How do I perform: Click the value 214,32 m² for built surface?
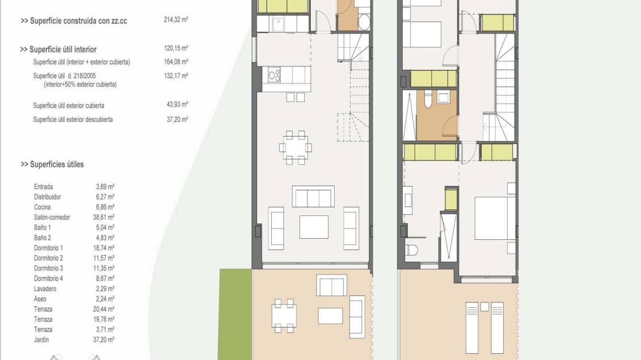point(176,20)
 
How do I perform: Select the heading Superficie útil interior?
point(58,49)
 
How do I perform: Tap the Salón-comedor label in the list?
point(52,217)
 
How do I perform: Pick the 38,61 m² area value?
point(103,217)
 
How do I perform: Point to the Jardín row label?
point(41,340)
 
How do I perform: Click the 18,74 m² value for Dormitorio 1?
point(103,248)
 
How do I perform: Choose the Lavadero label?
point(45,289)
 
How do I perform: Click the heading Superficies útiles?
point(52,164)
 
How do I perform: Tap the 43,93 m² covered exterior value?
point(177,105)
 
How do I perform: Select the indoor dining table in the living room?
point(296,147)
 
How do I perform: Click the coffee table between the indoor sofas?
point(314,227)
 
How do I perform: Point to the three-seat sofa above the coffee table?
point(313,197)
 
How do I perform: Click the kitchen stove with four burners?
point(274,75)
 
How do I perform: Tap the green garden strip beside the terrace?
point(235,314)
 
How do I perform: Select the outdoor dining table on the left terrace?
point(284,315)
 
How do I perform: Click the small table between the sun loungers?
point(484,307)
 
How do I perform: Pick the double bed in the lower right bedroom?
point(495,218)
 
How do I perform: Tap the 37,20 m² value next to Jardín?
point(103,340)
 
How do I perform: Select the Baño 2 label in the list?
point(43,238)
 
